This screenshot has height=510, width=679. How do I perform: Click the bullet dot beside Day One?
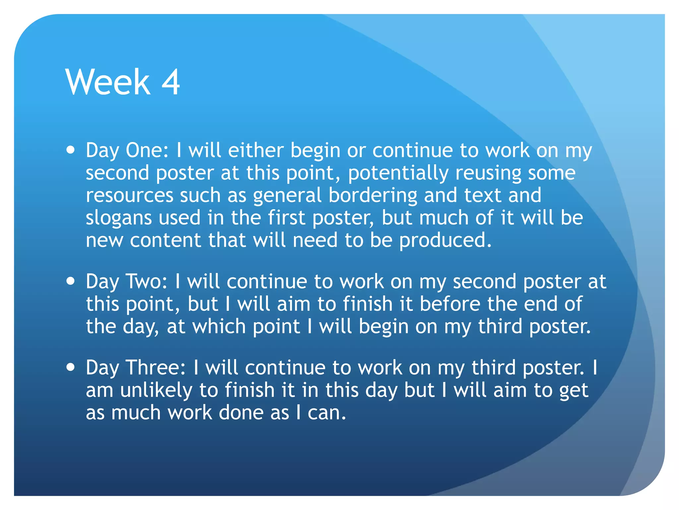click(71, 150)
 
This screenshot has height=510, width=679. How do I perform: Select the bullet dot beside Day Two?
click(71, 281)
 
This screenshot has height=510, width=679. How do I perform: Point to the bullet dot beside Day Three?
click(71, 368)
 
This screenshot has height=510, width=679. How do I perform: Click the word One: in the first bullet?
click(147, 150)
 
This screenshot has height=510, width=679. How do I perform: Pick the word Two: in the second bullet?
click(147, 282)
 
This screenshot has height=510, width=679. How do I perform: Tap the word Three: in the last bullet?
click(156, 368)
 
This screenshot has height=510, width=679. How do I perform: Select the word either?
click(256, 150)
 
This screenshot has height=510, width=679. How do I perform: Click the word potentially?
click(398, 173)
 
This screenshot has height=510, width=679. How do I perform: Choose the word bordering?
click(373, 195)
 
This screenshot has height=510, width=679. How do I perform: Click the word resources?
click(130, 195)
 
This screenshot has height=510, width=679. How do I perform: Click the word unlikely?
click(156, 390)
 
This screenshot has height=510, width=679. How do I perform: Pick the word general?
click(287, 196)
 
